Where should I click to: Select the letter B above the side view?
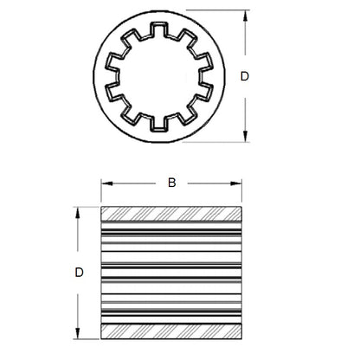pyautogui.click(x=171, y=183)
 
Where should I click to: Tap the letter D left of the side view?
pyautogui.click(x=79, y=273)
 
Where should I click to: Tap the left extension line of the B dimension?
pyautogui.click(x=102, y=192)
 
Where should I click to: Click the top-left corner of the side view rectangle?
pyautogui.click(x=102, y=208)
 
